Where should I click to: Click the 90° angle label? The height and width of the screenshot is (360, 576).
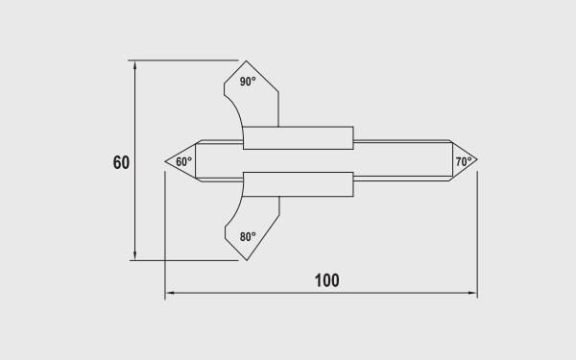click(248, 82)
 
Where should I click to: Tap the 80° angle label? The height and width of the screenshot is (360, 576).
click(248, 237)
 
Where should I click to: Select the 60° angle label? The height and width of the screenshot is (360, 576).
click(183, 161)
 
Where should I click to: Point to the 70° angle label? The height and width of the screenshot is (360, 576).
click(464, 161)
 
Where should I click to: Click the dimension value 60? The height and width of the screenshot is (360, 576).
click(121, 163)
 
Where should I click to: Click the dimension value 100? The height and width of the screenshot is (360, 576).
click(327, 280)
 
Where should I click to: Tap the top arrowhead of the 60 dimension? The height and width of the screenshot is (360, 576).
click(134, 65)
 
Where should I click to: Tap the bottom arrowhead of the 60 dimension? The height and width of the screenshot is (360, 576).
click(134, 255)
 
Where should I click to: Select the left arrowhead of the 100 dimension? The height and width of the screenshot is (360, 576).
click(170, 293)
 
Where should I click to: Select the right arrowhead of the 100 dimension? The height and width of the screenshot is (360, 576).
click(472, 293)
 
